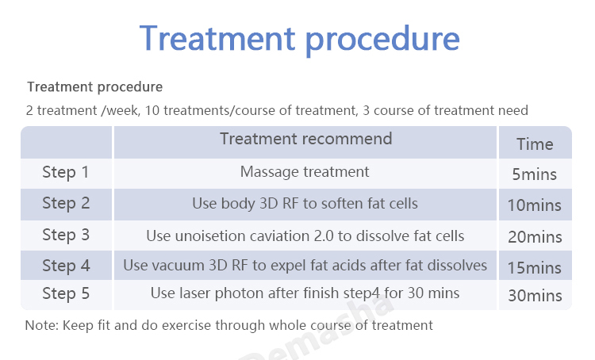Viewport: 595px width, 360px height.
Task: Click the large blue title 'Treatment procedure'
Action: pos(299,39)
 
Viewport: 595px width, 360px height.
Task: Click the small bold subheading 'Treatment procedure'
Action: pos(95,87)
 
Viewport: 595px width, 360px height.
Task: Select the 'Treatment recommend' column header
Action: pos(306,139)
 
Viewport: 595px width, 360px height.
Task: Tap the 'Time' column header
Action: pos(535,144)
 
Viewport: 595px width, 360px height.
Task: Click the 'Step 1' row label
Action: pos(66,172)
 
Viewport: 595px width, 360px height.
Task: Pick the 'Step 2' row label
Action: pos(66,203)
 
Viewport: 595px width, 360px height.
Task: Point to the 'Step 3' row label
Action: pos(66,235)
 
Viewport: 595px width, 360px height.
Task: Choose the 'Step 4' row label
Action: pos(66,266)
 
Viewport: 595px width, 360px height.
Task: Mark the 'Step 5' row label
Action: pos(66,293)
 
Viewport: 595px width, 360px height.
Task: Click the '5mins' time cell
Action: pos(534,174)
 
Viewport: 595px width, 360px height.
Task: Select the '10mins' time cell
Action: pos(534,205)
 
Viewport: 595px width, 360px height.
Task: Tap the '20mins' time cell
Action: pos(535,237)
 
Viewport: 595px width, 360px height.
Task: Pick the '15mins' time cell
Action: pos(534,268)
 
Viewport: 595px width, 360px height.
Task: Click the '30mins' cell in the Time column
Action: pos(535,296)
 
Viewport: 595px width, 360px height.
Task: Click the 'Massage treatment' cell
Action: pos(305,172)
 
